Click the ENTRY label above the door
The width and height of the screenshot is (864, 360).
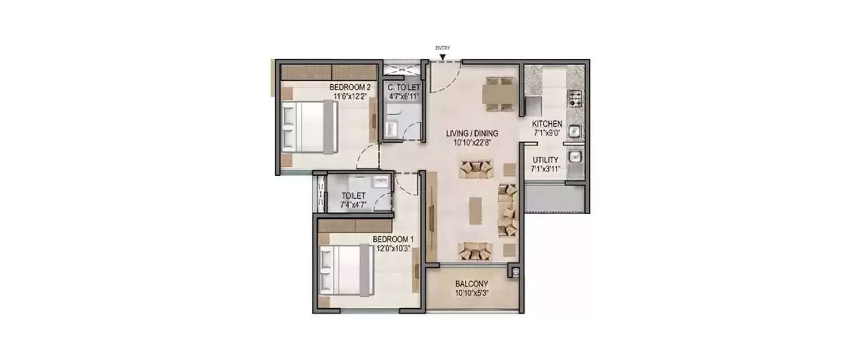(442, 48)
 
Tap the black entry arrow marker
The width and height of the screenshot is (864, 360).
(442, 56)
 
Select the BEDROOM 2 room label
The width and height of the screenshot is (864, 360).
(350, 87)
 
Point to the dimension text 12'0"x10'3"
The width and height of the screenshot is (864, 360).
(393, 248)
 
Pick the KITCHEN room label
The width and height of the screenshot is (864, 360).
(547, 124)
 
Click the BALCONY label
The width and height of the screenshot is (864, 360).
(472, 284)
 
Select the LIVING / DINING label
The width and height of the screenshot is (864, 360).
(472, 134)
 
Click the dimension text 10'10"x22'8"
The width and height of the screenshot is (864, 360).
(472, 142)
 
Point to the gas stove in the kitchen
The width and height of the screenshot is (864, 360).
(575, 98)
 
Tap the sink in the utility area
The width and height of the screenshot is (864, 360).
(574, 156)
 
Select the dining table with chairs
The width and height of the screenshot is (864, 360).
(499, 93)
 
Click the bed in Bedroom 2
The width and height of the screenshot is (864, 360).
(309, 127)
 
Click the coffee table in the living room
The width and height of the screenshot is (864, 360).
(476, 210)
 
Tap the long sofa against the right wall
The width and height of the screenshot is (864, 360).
(507, 210)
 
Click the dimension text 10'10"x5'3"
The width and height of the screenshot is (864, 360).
(472, 293)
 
